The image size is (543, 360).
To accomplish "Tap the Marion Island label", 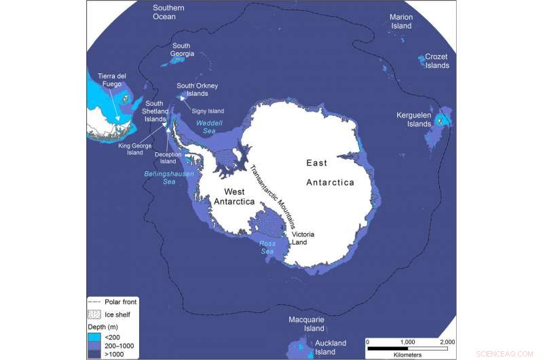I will pyautogui.click(x=401, y=21).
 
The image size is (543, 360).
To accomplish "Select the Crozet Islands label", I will pyautogui.click(x=437, y=61).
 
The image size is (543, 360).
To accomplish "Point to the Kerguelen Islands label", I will pyautogui.click(x=414, y=120).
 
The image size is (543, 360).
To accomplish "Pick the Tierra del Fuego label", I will pyautogui.click(x=110, y=79).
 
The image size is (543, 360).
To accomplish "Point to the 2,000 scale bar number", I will pyautogui.click(x=446, y=342).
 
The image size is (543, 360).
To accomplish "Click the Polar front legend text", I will pyautogui.click(x=122, y=302).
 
